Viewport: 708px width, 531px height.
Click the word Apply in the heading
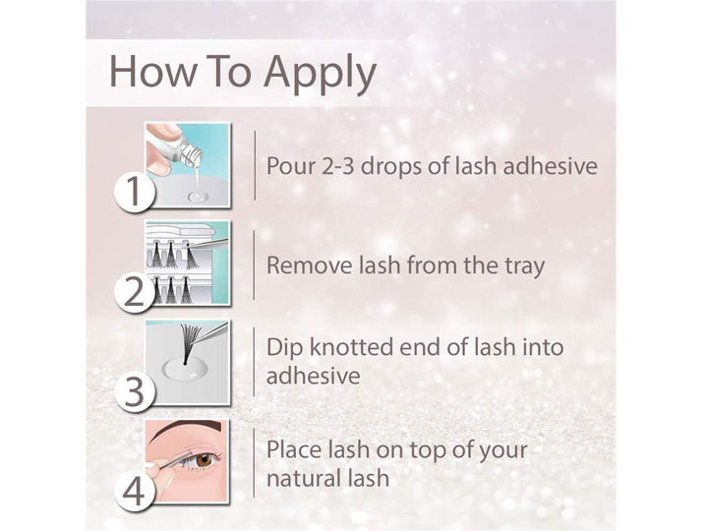pyautogui.click(x=321, y=74)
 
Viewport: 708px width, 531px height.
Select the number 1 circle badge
pyautogui.click(x=134, y=191)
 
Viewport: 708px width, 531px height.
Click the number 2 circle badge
pyautogui.click(x=134, y=292)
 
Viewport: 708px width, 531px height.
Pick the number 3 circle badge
pyautogui.click(x=134, y=391)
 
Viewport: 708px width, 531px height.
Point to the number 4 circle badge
pyautogui.click(x=134, y=491)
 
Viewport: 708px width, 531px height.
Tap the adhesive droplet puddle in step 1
pyautogui.click(x=199, y=197)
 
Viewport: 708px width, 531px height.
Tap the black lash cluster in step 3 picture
pyautogui.click(x=190, y=341)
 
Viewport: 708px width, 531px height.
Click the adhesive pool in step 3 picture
pyautogui.click(x=186, y=369)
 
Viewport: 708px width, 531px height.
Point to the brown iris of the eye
pyautogui.click(x=204, y=461)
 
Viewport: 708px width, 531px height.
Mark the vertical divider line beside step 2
pyautogui.click(x=255, y=265)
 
